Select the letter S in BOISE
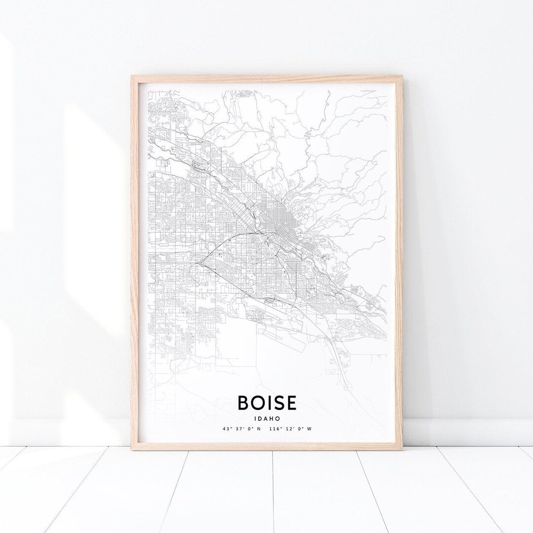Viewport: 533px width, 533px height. (x=278, y=403)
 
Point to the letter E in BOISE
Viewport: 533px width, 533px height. (x=291, y=403)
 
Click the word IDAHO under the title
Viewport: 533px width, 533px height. (x=266, y=417)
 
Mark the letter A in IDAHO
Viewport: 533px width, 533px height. (x=266, y=417)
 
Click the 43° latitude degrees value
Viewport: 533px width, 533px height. (x=226, y=429)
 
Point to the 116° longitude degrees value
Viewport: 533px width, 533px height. (x=275, y=429)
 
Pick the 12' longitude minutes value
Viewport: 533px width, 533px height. (x=288, y=429)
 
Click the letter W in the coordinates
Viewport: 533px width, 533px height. (x=309, y=429)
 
